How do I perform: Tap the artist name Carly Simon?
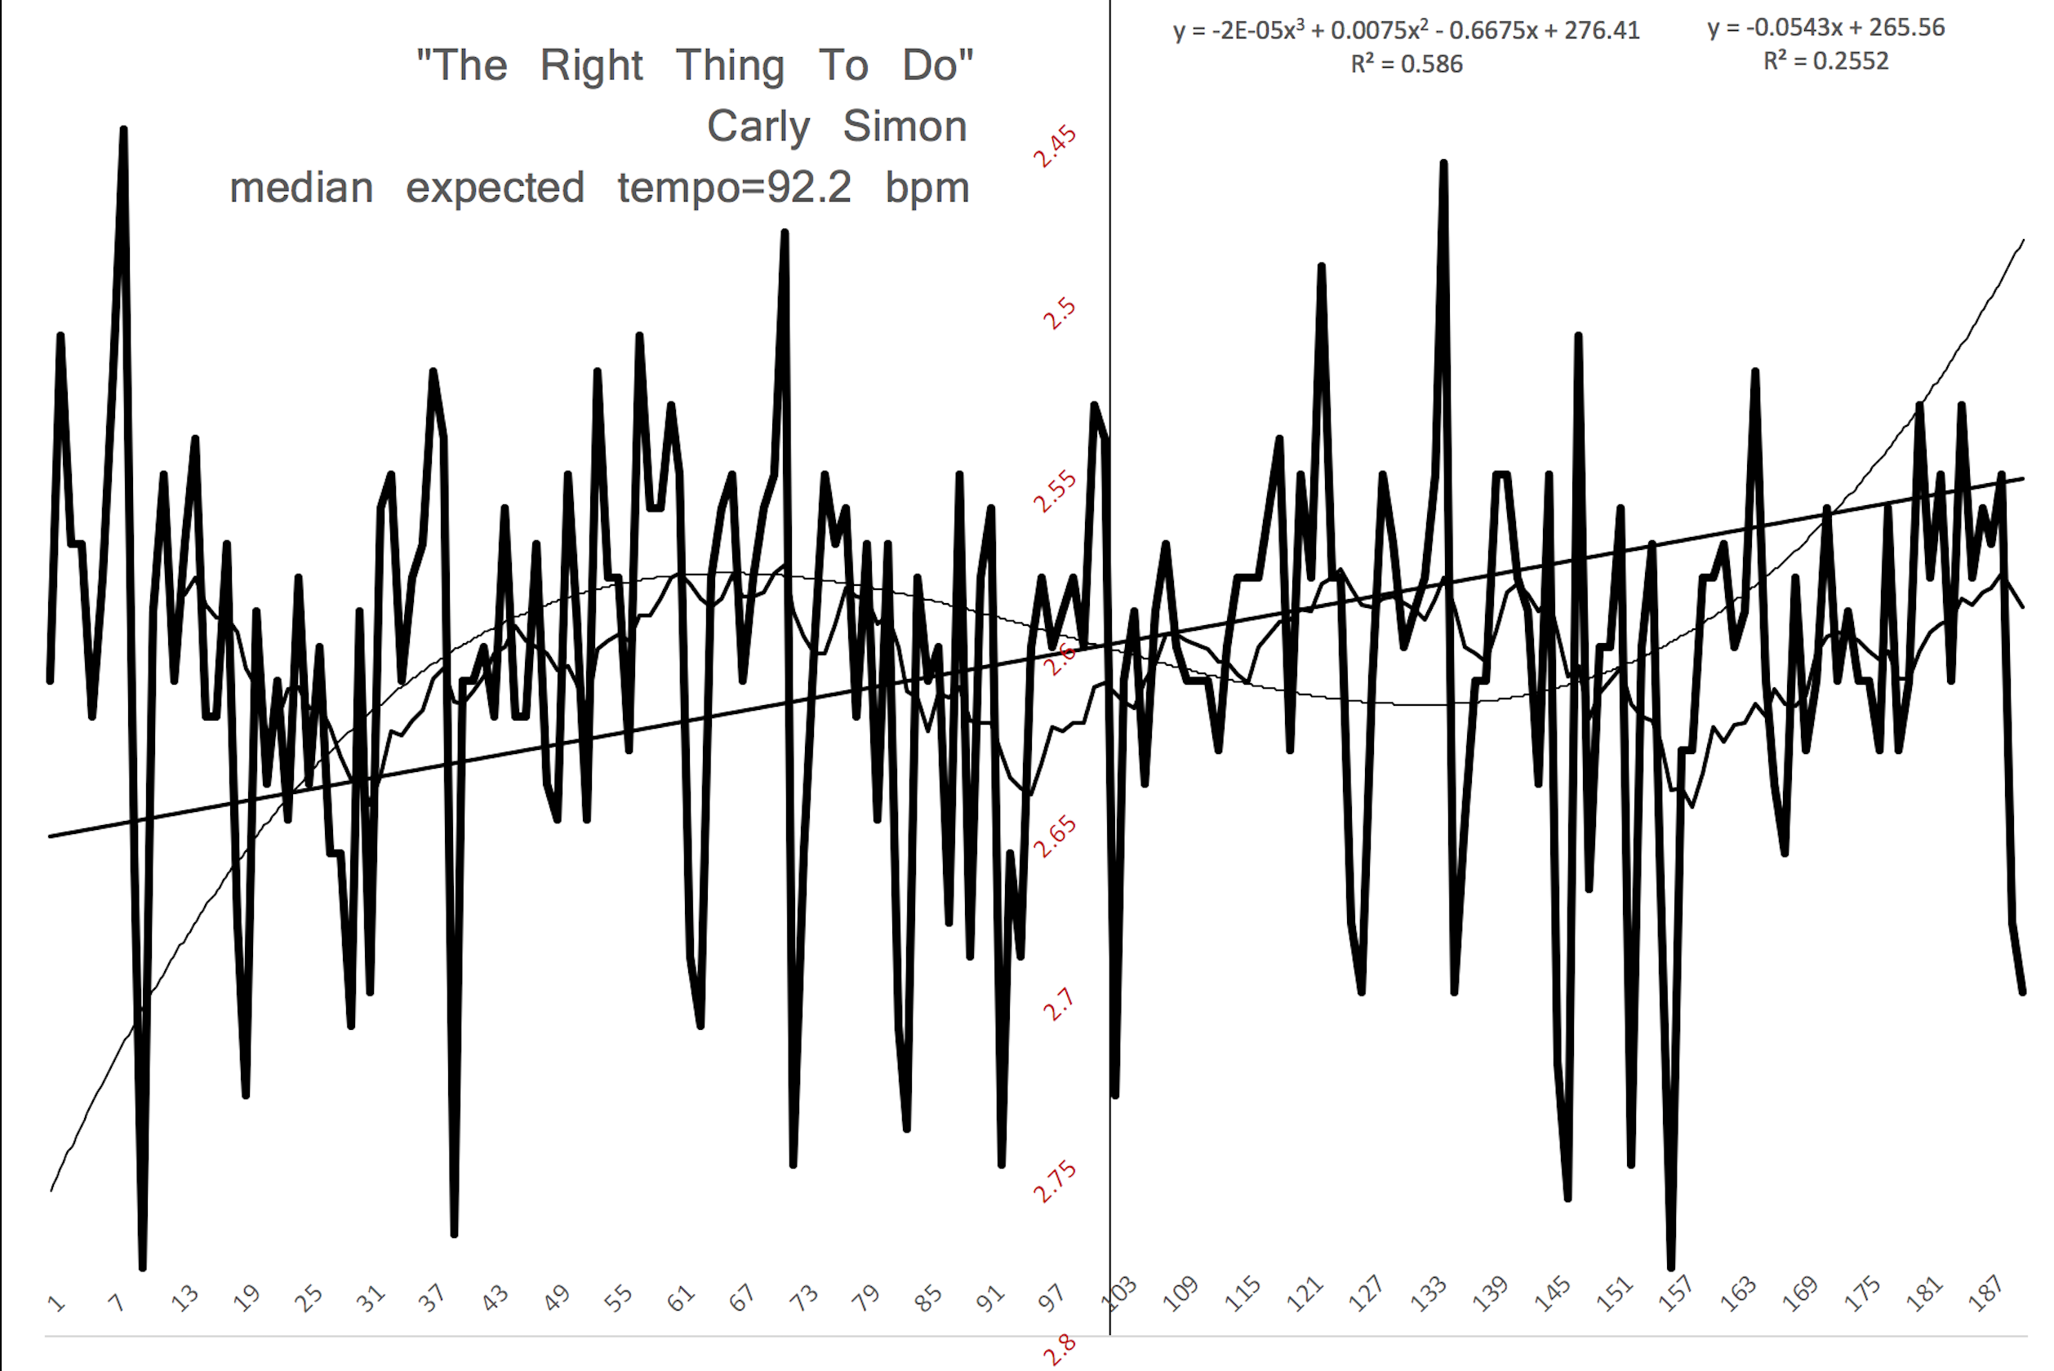coord(837,126)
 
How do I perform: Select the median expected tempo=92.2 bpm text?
coord(600,188)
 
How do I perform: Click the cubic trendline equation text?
coord(1405,31)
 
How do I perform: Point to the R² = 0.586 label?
coord(1406,64)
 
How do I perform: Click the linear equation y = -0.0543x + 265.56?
coord(1825,28)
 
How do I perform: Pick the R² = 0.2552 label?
coord(1825,61)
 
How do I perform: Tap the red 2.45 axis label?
coord(1055,146)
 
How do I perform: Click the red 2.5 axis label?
coord(1059,313)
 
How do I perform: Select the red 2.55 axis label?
coord(1055,491)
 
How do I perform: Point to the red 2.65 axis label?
coord(1055,836)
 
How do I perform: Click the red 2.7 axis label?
coord(1058,1005)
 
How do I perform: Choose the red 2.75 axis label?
coord(1055,1182)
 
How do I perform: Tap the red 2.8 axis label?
coord(1059,1351)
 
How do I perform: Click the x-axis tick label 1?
coord(57,1302)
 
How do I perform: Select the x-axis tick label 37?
coord(431,1298)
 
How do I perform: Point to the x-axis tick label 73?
coord(802,1298)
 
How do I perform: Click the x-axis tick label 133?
coord(1428,1295)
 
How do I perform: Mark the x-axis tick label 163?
coord(1737,1295)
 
